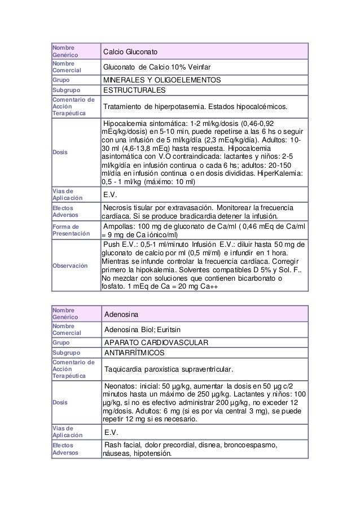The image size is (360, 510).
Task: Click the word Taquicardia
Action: point(124,369)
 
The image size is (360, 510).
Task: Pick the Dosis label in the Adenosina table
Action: point(59,402)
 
